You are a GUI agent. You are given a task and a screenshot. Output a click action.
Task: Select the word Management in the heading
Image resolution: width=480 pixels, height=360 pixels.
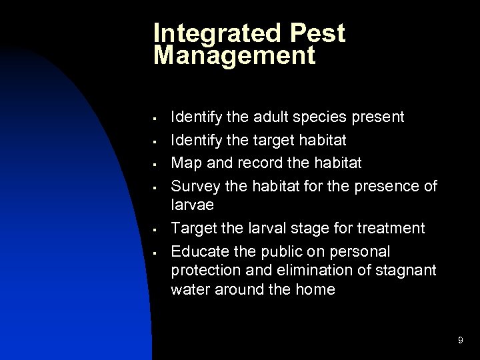point(233,55)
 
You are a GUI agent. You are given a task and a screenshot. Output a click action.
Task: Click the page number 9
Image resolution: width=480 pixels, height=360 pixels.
point(461,341)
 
